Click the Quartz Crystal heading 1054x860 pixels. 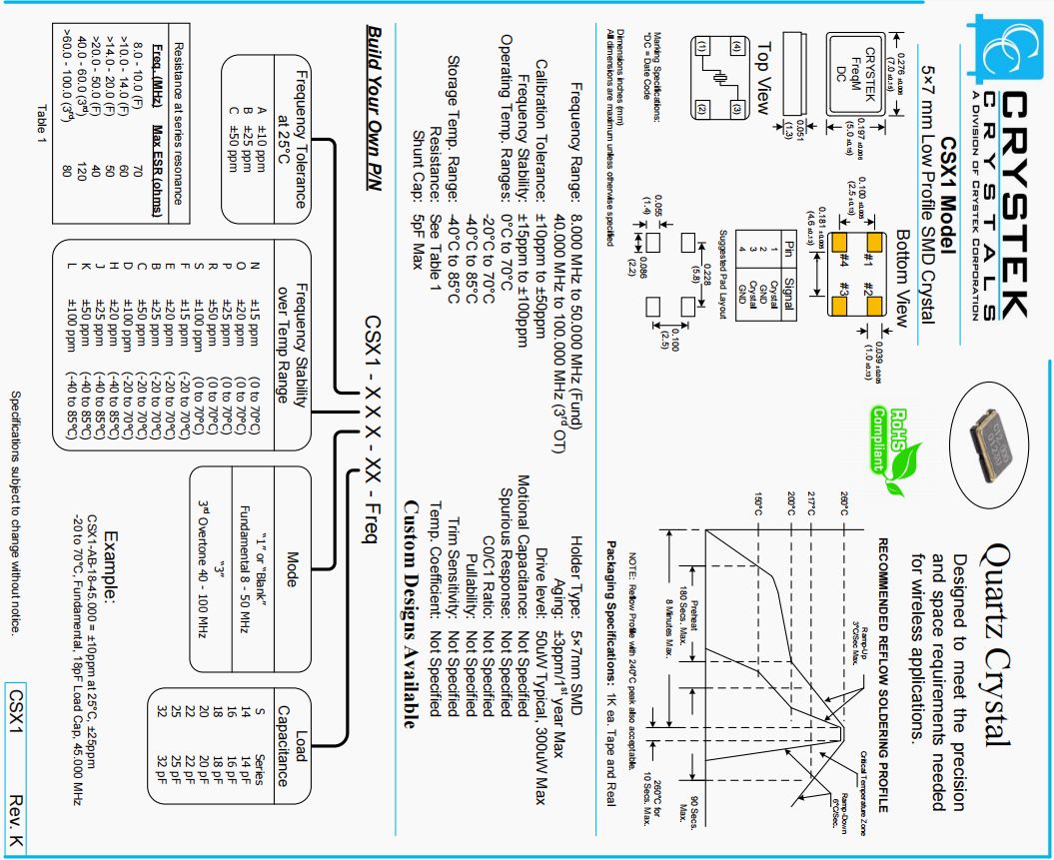point(996,639)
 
